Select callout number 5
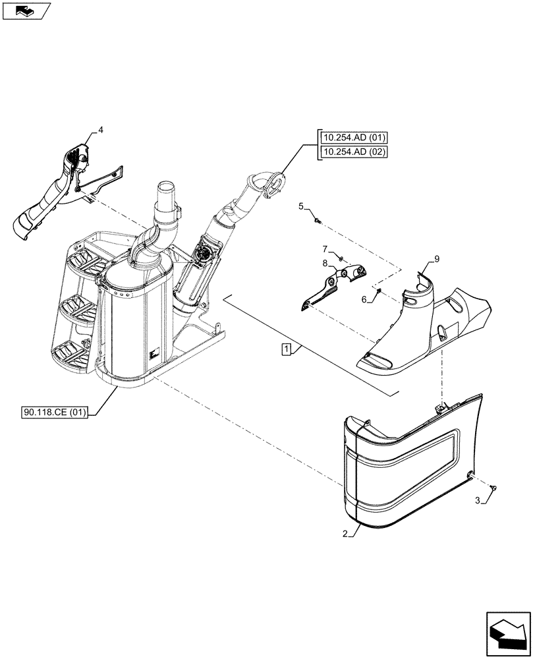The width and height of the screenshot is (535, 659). (301, 206)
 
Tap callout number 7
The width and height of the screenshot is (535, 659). (325, 248)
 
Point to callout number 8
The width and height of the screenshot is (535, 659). (325, 263)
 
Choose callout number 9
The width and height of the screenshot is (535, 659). (436, 259)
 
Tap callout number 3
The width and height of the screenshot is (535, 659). (478, 502)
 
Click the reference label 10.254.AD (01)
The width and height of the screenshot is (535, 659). (354, 138)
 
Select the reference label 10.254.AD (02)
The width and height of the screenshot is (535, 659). (354, 153)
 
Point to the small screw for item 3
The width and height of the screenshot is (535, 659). (494, 487)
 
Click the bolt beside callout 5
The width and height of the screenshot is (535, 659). (317, 220)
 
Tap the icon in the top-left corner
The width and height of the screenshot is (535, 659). (26, 10)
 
